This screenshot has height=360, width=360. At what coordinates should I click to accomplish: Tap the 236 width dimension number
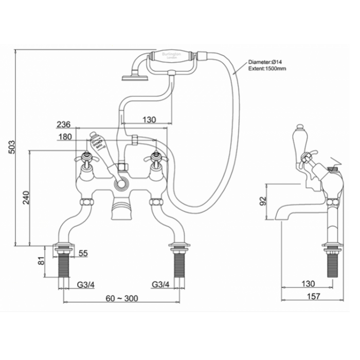[63, 124]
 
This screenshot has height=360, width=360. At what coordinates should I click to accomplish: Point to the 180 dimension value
[65, 137]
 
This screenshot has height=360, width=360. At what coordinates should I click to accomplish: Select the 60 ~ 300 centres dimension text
[121, 297]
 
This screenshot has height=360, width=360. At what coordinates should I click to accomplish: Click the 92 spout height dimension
[263, 201]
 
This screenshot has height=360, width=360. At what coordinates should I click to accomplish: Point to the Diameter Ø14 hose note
[266, 61]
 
